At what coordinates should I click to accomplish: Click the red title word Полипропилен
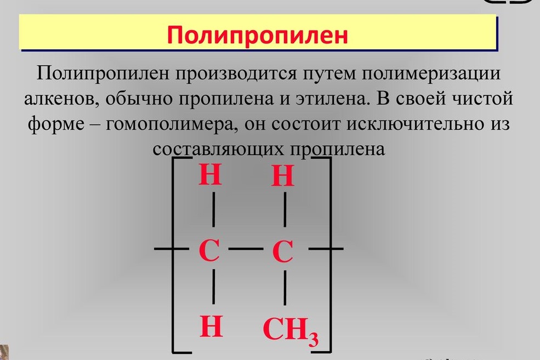[258, 35]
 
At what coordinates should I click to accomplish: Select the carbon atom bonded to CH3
[283, 253]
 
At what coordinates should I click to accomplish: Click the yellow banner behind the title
[82, 35]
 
